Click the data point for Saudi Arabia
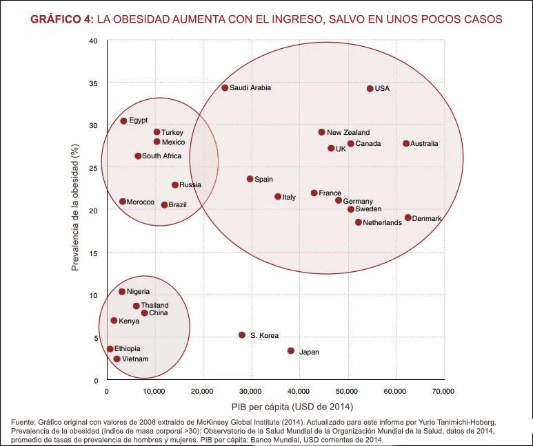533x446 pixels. pos(225,88)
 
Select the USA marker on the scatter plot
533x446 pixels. pos(370,89)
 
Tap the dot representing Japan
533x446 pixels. pos(291,351)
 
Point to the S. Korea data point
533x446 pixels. pos(242,335)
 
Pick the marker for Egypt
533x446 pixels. pos(123,121)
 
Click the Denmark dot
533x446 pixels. pos(408,218)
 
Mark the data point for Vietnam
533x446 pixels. pos(117,359)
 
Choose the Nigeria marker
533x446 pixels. pos(122,292)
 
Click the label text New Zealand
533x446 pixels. pos(348,133)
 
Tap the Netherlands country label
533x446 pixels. pos(382,223)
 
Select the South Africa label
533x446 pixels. pos(161,156)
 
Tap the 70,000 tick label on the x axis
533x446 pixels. pos(443,391)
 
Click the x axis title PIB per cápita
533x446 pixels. pos(275,405)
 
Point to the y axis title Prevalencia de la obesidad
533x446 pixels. pos(77,211)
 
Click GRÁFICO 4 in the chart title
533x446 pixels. pos(61,19)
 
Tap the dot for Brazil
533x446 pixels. pos(165,205)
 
